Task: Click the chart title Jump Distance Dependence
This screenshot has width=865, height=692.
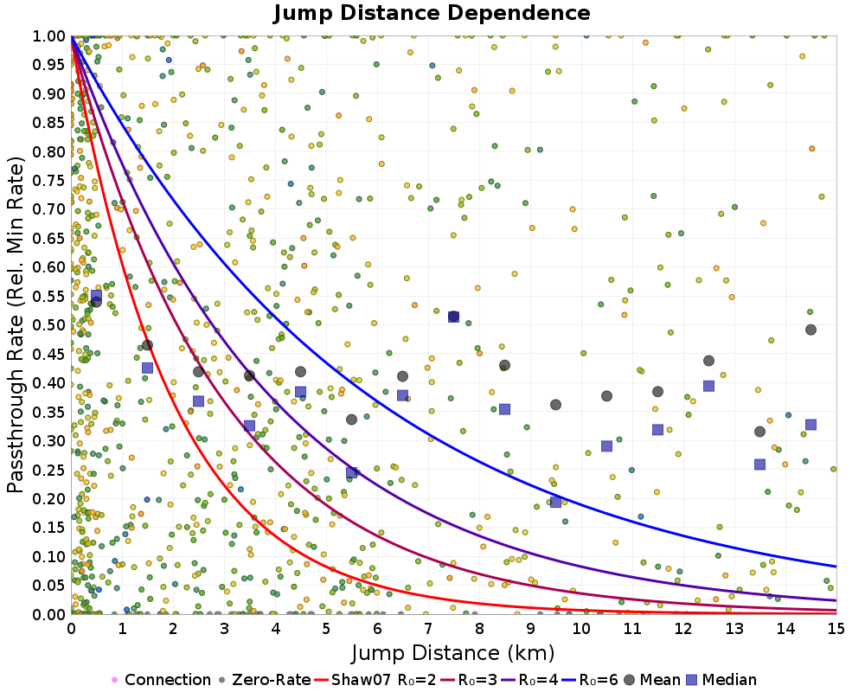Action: (432, 14)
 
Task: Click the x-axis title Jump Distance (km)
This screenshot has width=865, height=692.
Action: (453, 652)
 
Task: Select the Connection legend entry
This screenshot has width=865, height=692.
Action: (161, 680)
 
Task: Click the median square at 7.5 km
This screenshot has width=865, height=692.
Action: (453, 317)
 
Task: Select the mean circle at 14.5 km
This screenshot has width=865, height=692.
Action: (811, 330)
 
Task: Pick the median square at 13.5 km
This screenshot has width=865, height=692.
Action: (759, 465)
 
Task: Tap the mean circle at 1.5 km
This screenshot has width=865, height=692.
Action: (147, 345)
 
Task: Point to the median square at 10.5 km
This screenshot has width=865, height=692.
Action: (606, 446)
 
